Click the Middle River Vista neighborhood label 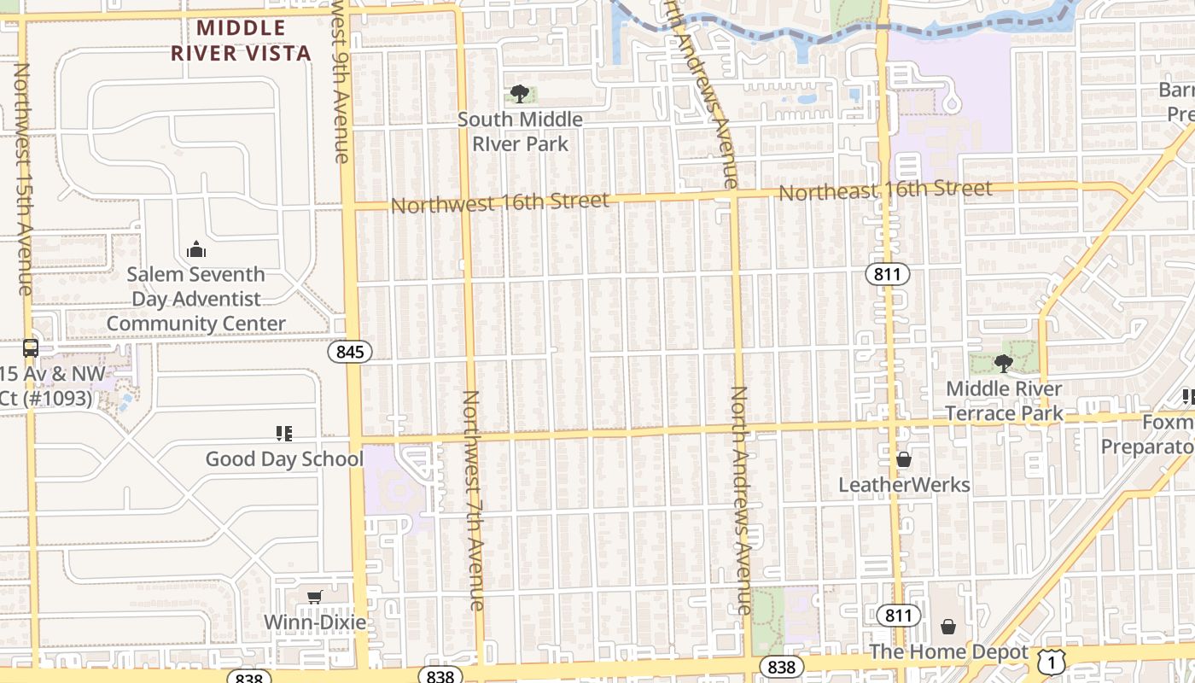(x=241, y=40)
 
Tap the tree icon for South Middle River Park (x=519, y=94)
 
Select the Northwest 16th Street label (x=500, y=203)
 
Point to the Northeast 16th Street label (x=885, y=190)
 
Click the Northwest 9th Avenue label (x=340, y=82)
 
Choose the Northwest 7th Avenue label (x=473, y=499)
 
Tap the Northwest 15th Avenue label (x=23, y=179)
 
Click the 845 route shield (x=350, y=351)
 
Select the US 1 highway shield (x=1052, y=660)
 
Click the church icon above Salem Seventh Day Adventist (x=196, y=249)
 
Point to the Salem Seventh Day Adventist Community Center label (x=196, y=299)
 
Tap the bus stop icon (x=31, y=347)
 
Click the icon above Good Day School (x=284, y=434)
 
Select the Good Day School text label (x=284, y=459)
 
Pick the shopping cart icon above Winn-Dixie (x=315, y=597)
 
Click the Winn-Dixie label (x=315, y=622)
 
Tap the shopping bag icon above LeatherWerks (x=904, y=460)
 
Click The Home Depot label (x=949, y=652)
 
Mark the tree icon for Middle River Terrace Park (x=1004, y=364)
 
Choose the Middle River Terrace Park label (x=1004, y=401)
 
